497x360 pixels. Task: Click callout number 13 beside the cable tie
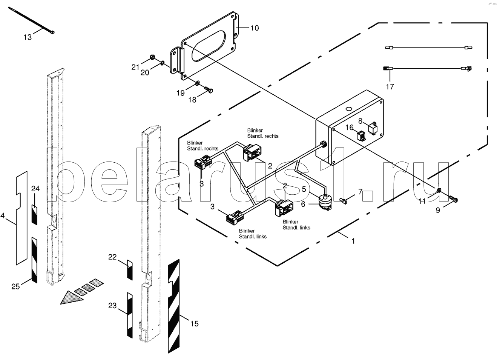pyautogui.click(x=28, y=37)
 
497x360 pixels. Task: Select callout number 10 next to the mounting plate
pyautogui.click(x=255, y=28)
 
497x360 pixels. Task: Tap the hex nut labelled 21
pyautogui.click(x=152, y=57)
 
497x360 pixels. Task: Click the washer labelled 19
pyautogui.click(x=197, y=83)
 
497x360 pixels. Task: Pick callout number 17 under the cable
pyautogui.click(x=390, y=86)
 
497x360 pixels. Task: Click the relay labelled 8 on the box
pyautogui.click(x=373, y=127)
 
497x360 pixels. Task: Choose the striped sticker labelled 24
pyautogui.click(x=34, y=215)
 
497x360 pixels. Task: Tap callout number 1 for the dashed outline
pyautogui.click(x=353, y=241)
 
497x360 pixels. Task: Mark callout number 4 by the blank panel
pyautogui.click(x=2, y=215)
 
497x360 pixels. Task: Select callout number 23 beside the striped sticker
pyautogui.click(x=112, y=305)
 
